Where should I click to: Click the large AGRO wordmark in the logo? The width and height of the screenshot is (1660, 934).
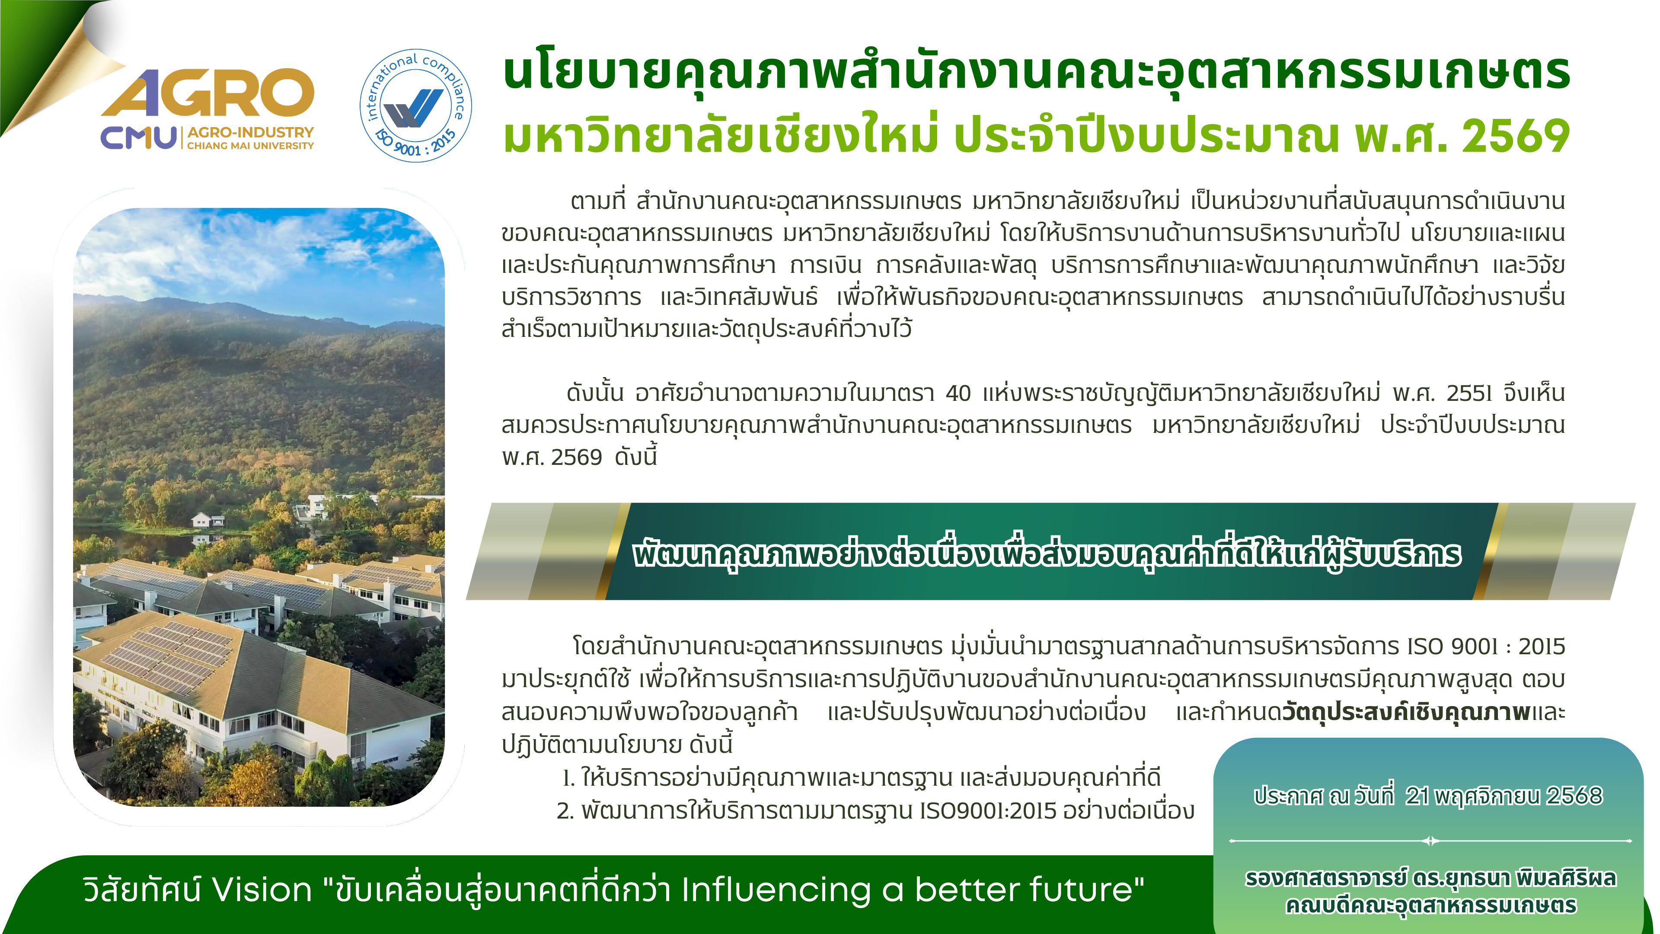(x=207, y=93)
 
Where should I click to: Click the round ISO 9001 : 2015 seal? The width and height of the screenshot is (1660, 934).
(x=415, y=106)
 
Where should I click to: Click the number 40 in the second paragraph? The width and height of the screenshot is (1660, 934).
(x=958, y=393)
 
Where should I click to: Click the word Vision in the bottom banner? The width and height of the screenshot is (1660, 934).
(x=262, y=890)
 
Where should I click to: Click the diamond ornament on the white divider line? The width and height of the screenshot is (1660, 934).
(x=1430, y=841)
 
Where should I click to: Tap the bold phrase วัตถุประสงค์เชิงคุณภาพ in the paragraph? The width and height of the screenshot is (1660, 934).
(x=1406, y=712)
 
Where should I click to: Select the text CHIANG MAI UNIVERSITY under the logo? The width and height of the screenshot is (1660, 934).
(x=250, y=146)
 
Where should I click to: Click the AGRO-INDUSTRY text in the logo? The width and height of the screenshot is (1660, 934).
(x=250, y=132)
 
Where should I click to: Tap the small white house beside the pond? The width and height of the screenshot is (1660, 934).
(x=207, y=519)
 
